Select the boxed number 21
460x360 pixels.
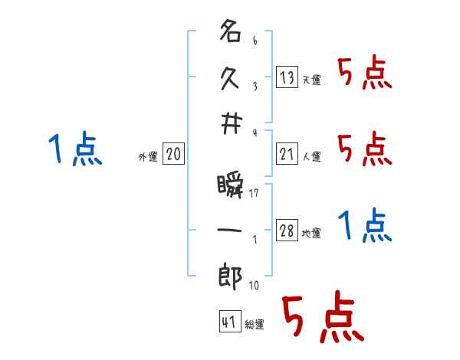click(287, 153)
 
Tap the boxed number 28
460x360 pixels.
click(287, 231)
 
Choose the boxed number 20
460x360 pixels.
click(173, 154)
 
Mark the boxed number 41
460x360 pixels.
click(228, 322)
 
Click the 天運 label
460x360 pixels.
click(312, 80)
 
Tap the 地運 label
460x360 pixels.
click(312, 234)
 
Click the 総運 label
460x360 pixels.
click(255, 325)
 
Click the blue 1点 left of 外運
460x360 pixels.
click(75, 149)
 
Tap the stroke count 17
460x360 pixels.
click(254, 194)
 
